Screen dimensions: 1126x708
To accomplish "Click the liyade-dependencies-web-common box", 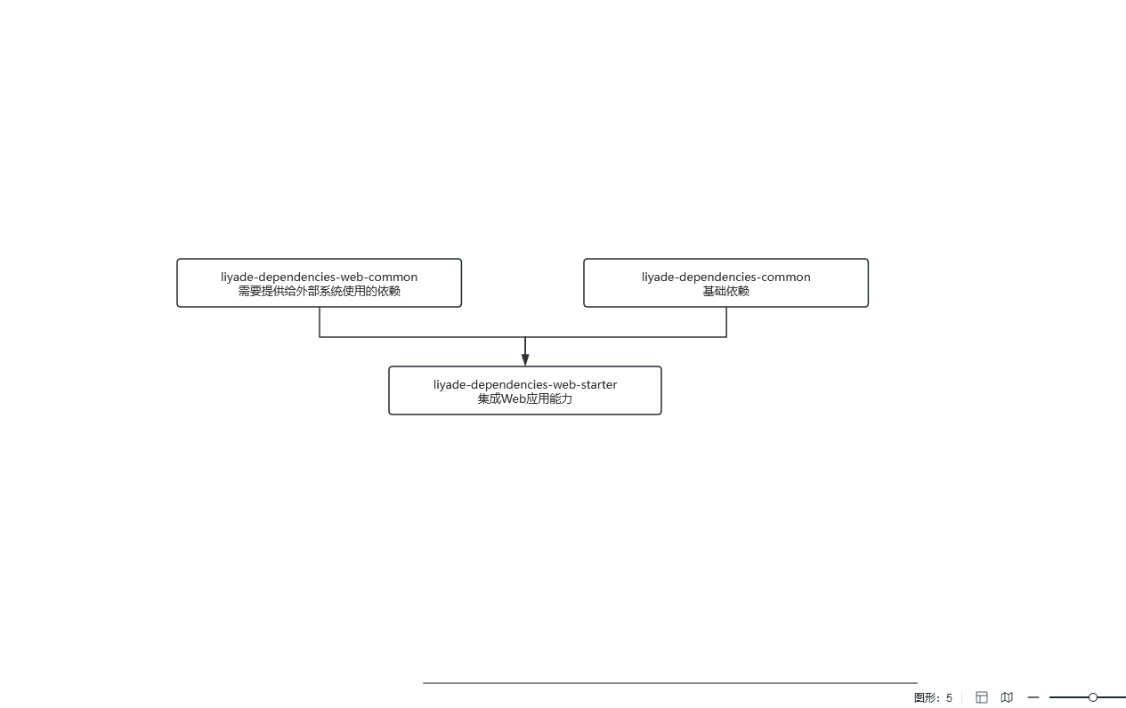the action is click(x=320, y=283).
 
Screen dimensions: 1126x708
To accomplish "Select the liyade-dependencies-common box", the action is click(x=725, y=283).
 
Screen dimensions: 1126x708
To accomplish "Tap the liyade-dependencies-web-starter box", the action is click(x=525, y=390).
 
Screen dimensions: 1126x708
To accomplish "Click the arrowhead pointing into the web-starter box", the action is click(x=525, y=359).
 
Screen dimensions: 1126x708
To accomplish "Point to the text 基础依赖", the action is click(x=725, y=291).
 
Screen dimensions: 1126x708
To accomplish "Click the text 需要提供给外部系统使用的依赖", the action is click(x=320, y=291).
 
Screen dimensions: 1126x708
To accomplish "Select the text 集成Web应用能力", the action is click(x=525, y=398).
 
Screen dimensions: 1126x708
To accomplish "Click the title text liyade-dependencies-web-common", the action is click(x=320, y=278).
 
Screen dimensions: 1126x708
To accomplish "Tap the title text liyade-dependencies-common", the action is click(x=725, y=278).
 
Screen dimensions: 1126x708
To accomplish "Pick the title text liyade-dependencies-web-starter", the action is click(x=525, y=384).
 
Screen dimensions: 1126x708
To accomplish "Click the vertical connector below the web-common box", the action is click(x=320, y=322).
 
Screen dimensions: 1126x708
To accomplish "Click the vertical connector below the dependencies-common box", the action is click(x=726, y=322).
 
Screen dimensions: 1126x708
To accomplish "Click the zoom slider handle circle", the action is click(x=1093, y=697).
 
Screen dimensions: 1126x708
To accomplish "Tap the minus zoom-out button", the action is click(x=1033, y=697).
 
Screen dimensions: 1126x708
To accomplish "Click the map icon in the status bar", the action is click(x=1007, y=697).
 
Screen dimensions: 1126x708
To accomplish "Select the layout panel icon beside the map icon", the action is click(x=982, y=697).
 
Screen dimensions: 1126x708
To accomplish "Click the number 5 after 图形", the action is click(x=949, y=697).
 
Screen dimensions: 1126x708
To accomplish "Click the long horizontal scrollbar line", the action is click(x=670, y=683).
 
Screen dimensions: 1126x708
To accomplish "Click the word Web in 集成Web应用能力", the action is click(x=514, y=398).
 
